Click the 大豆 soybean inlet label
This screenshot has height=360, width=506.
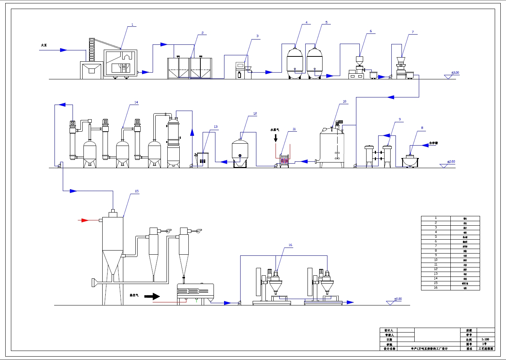tap(44, 45)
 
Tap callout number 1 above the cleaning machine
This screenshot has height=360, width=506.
tap(132, 25)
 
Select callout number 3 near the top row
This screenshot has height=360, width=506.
tap(258, 36)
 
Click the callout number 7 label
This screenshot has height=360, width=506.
tap(413, 32)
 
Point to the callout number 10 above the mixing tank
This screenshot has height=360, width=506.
tap(344, 102)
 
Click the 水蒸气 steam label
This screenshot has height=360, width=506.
tap(275, 130)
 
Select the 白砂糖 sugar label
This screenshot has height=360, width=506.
tap(433, 143)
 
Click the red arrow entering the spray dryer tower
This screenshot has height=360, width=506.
tap(83, 220)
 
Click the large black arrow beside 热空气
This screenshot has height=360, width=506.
tap(152, 296)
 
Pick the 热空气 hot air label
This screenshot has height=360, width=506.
tap(134, 295)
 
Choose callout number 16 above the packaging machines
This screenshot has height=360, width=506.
tap(290, 245)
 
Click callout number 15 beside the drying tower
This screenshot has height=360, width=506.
tap(137, 191)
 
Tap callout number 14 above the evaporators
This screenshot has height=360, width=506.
tap(136, 102)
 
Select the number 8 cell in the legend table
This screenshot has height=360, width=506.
tap(436, 251)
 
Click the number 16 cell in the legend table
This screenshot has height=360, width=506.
tap(436, 288)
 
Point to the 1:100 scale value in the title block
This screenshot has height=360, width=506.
tap(485, 339)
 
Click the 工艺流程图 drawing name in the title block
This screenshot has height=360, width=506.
tap(486, 349)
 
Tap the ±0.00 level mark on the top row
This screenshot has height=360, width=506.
tap(455, 73)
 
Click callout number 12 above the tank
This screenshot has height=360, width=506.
tap(255, 113)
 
